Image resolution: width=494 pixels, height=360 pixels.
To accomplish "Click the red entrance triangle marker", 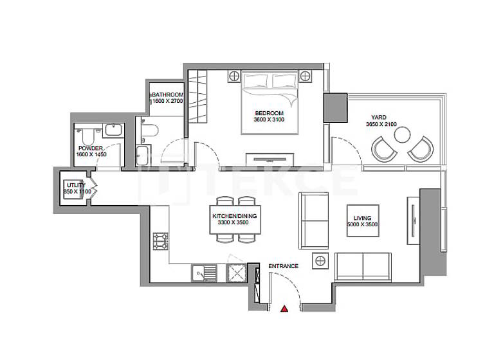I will click(x=284, y=309).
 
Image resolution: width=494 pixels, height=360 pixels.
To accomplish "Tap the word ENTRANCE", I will click(x=283, y=266).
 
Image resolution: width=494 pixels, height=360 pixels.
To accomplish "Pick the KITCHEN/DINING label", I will click(x=235, y=216).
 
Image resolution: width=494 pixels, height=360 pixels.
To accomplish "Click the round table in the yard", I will click(x=403, y=134).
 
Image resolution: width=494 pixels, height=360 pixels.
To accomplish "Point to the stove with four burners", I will click(x=160, y=242).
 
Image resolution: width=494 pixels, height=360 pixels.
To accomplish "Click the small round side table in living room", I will click(x=320, y=260).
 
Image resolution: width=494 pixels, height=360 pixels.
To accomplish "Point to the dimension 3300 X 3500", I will click(x=233, y=223).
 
